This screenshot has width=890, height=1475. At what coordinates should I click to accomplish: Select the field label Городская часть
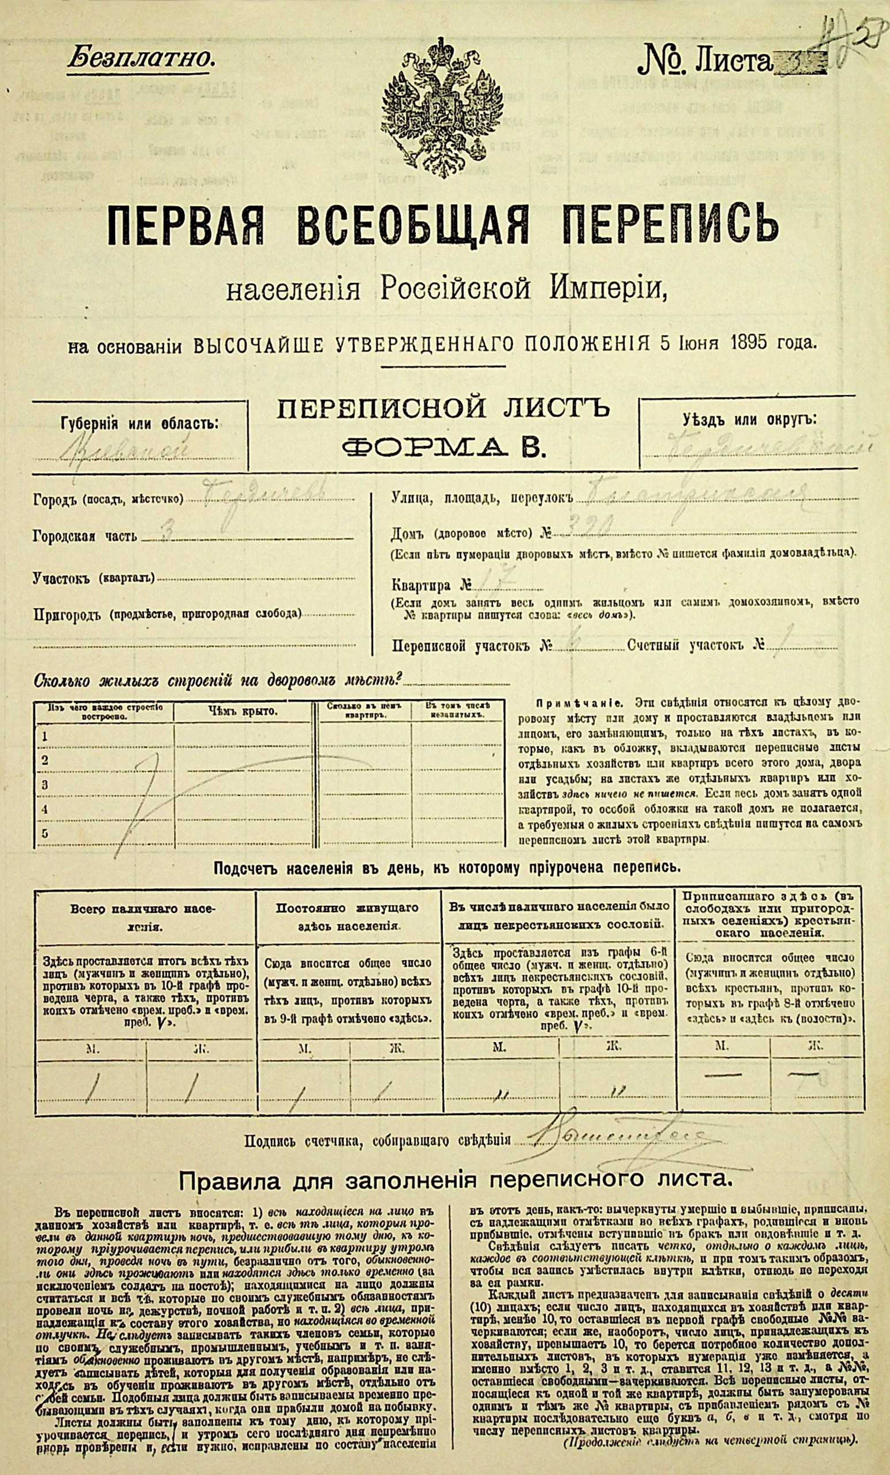85,536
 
